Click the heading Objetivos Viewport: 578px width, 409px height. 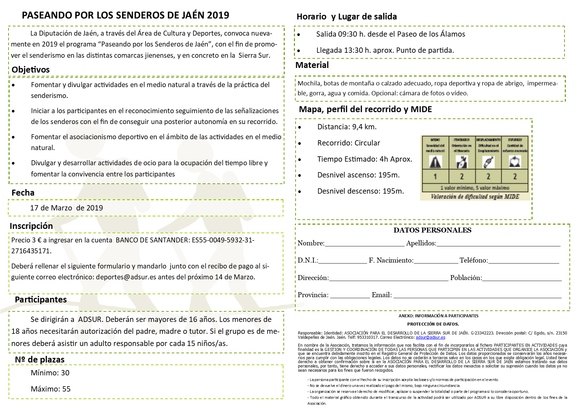(30, 70)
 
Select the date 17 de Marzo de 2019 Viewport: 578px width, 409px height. (66, 208)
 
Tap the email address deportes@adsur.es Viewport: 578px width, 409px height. (126, 277)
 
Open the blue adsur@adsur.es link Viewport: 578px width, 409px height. (430, 337)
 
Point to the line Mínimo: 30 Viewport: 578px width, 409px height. (50, 373)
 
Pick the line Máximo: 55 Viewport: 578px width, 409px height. (50, 389)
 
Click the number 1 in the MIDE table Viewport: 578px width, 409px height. (435, 176)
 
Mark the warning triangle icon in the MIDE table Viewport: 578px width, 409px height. (435, 162)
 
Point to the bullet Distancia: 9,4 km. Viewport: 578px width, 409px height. (347, 127)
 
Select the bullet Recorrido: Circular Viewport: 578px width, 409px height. (349, 143)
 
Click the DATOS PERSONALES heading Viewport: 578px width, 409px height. (432, 230)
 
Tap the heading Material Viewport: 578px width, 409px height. (312, 65)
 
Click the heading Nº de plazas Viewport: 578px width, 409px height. (40, 360)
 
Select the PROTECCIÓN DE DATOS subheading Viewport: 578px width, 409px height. (433, 324)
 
